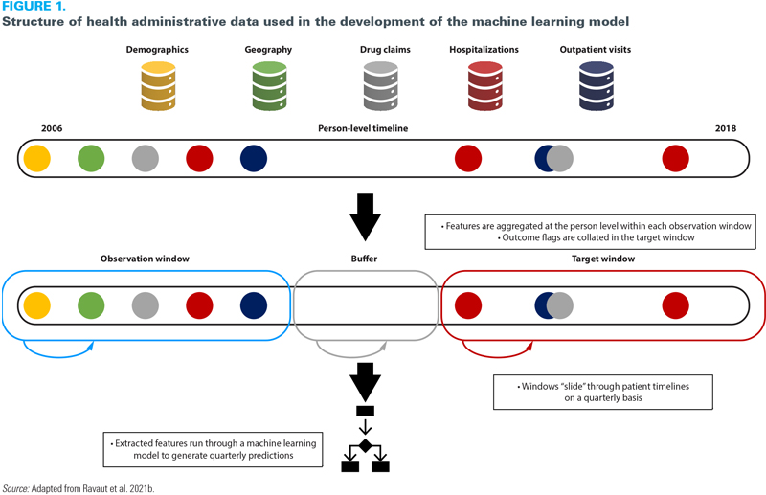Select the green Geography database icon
tap(269, 85)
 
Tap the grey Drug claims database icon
tap(380, 85)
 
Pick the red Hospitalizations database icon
tap(484, 85)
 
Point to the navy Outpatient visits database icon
tap(595, 85)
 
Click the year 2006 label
tap(52, 128)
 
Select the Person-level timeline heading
tap(363, 128)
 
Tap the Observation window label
tap(146, 259)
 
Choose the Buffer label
tap(366, 259)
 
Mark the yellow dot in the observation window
tap(36, 305)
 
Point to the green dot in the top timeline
tap(91, 158)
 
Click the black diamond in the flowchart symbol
tap(366, 445)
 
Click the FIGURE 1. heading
tap(34, 7)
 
